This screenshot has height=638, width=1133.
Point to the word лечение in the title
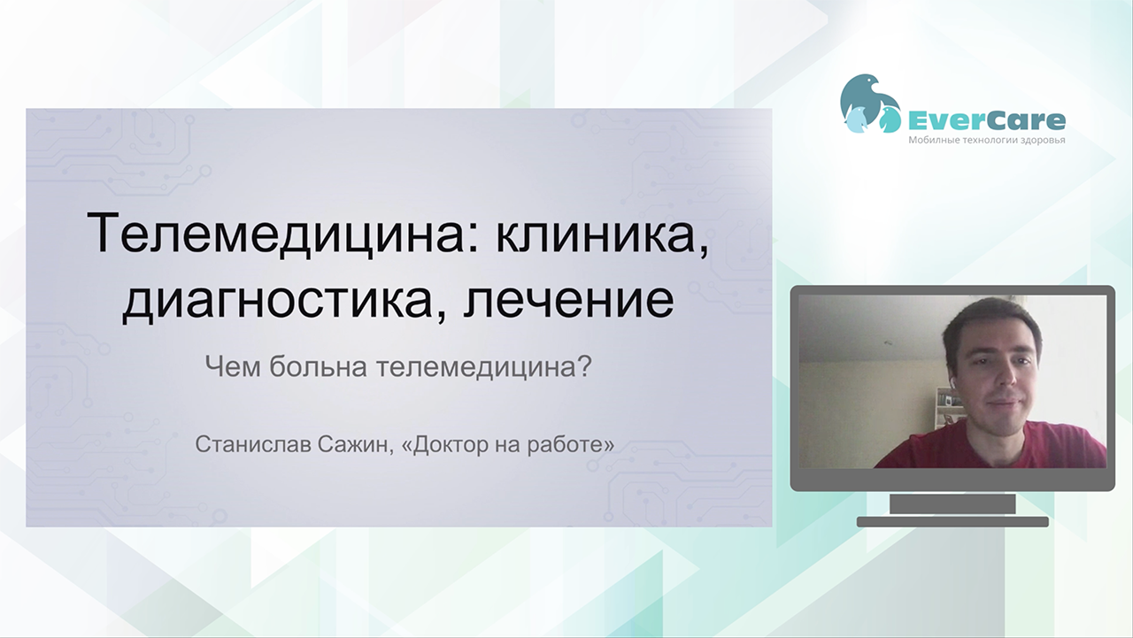tap(568, 301)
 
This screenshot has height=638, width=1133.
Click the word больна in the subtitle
tap(318, 366)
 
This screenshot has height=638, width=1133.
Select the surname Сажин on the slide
tap(353, 445)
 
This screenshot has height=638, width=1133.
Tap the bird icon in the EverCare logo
tap(870, 104)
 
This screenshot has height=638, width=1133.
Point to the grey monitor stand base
tap(952, 522)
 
